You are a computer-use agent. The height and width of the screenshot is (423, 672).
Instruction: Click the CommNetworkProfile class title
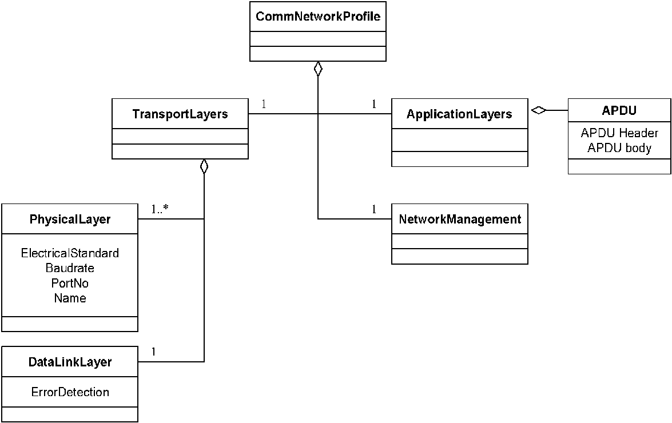(318, 16)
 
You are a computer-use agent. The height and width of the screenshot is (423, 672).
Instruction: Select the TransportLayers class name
(180, 114)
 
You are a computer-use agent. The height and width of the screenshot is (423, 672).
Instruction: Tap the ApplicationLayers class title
(459, 114)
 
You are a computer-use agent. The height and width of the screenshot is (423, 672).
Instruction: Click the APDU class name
(619, 110)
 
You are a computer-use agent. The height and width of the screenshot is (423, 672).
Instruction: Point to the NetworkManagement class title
(460, 219)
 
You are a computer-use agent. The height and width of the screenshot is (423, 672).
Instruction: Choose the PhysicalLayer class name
(70, 219)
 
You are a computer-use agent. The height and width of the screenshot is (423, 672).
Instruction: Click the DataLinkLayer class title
(70, 362)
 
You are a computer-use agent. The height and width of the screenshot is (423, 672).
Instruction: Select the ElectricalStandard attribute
(70, 253)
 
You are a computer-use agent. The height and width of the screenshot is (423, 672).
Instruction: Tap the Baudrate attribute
(70, 268)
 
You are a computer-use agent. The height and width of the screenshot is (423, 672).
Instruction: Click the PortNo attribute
(70, 283)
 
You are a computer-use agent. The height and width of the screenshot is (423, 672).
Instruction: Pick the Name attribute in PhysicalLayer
(70, 298)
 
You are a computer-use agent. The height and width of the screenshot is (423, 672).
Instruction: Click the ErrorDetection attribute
(70, 392)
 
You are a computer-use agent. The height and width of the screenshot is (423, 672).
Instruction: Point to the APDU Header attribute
(619, 133)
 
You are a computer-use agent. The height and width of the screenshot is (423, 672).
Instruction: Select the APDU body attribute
(619, 148)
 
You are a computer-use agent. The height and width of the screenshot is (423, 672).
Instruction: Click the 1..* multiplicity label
(160, 209)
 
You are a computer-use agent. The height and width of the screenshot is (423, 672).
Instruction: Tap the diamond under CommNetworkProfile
(317, 69)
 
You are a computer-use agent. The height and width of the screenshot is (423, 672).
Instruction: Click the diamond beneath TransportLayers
(204, 166)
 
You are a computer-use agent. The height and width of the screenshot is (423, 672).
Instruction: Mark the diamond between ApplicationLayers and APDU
(538, 110)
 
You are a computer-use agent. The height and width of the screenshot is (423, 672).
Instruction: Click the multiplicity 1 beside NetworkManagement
(374, 209)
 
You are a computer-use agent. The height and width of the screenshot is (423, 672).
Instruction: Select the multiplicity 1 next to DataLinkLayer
(153, 352)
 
